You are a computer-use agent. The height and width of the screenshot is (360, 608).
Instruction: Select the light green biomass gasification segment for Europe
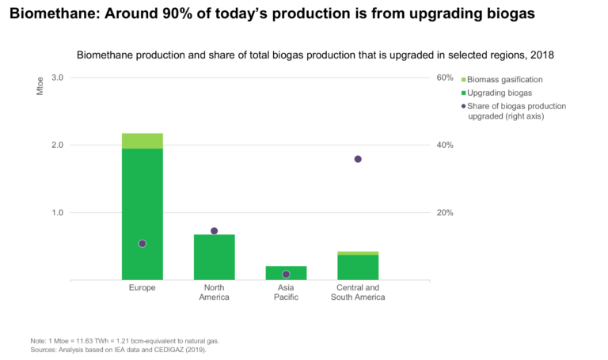142,141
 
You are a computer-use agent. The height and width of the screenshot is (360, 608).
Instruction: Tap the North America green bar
214,257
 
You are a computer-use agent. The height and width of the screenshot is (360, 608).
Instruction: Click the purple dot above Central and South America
358,159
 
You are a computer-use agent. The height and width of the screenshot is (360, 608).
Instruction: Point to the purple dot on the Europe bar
142,244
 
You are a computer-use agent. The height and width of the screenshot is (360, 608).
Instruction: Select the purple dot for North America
214,231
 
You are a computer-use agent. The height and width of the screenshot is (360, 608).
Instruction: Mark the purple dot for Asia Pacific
286,275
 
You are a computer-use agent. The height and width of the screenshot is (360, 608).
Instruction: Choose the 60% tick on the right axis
445,78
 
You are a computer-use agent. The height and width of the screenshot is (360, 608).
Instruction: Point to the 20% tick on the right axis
445,213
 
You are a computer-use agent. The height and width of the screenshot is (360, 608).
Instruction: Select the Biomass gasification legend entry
504,80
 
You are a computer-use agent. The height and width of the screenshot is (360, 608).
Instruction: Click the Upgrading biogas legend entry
499,93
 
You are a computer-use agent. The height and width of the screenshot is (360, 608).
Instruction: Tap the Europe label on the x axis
142,287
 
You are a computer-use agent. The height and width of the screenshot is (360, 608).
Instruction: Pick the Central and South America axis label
358,292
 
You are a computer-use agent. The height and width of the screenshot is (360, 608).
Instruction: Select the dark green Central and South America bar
358,267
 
